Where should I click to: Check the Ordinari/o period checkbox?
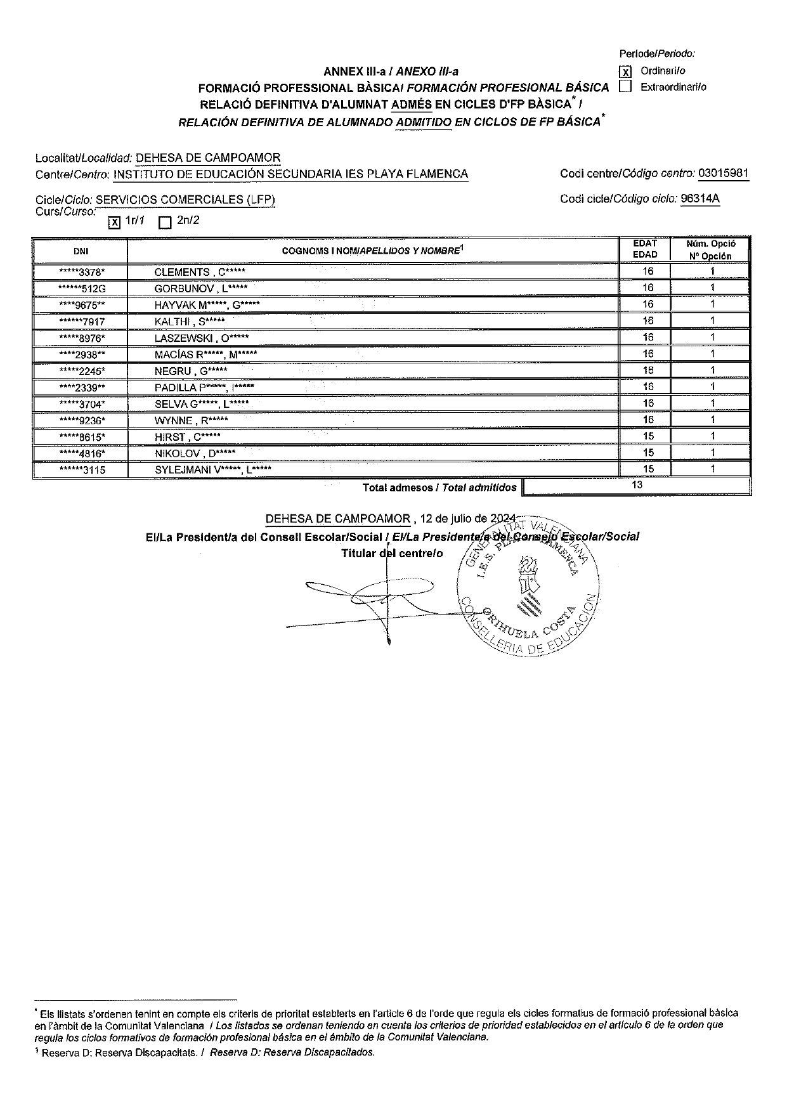coord(625,72)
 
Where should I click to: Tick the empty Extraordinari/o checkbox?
coord(625,87)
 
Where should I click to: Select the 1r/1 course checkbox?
coord(114,222)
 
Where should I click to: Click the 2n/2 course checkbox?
coord(165,222)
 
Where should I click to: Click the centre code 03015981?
coord(723,173)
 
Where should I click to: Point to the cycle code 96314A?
coord(699,199)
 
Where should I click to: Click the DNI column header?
coord(81,251)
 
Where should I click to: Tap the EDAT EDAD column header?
coord(645,249)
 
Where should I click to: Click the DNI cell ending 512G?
coord(81,289)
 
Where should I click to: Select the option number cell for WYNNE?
coord(712,420)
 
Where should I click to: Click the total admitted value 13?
coord(637,485)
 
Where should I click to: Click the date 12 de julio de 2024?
coord(469,519)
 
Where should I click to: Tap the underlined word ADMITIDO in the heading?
coord(423,123)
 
